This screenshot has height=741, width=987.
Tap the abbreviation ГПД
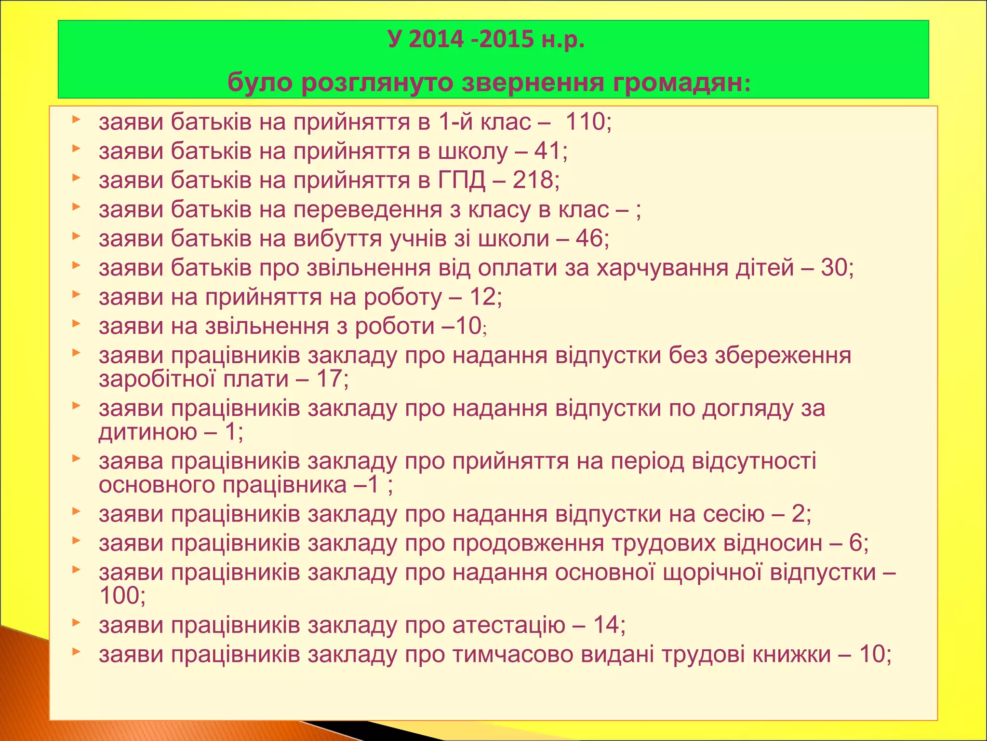(x=462, y=180)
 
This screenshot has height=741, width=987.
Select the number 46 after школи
(x=589, y=238)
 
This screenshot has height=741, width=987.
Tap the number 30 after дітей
(x=834, y=267)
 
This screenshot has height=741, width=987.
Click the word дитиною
(x=148, y=431)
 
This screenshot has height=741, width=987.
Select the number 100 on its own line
(x=119, y=596)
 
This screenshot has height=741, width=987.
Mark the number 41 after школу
(x=547, y=151)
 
